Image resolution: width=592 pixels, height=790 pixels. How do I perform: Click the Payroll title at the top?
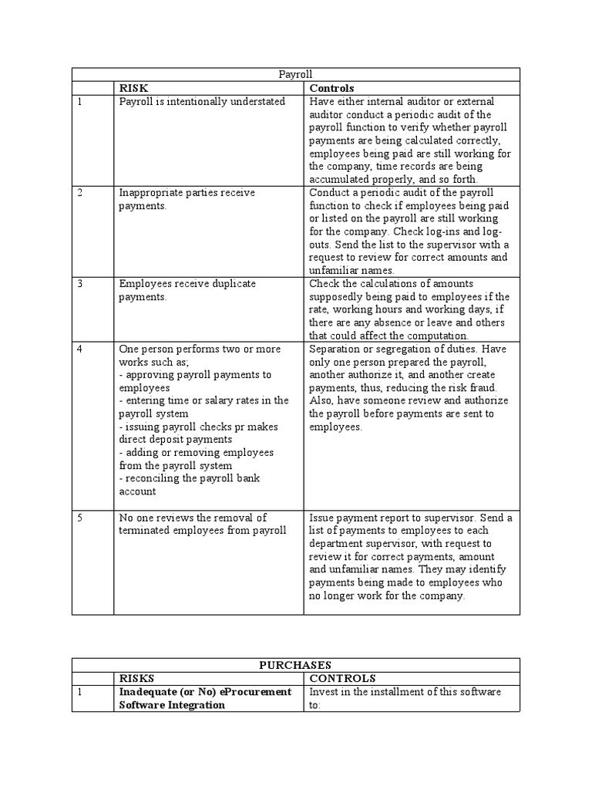pyautogui.click(x=295, y=74)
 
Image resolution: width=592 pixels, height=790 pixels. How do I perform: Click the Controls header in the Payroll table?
pyautogui.click(x=331, y=88)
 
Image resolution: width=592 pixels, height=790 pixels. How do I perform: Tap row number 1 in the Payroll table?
pyautogui.click(x=79, y=102)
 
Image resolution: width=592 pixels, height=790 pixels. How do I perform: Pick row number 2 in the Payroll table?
pyautogui.click(x=80, y=193)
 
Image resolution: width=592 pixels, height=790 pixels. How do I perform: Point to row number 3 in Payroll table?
pyautogui.click(x=80, y=284)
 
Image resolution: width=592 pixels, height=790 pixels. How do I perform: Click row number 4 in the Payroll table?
pyautogui.click(x=80, y=349)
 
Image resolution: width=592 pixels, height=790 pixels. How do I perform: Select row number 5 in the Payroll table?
pyautogui.click(x=80, y=518)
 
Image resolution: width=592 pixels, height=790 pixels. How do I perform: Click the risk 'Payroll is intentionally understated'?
pyautogui.click(x=201, y=102)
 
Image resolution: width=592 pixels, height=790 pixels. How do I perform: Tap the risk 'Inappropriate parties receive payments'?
pyautogui.click(x=186, y=199)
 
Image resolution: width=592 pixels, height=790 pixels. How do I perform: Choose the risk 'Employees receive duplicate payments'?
pyautogui.click(x=187, y=290)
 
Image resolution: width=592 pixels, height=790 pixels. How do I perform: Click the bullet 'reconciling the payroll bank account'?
pyautogui.click(x=189, y=484)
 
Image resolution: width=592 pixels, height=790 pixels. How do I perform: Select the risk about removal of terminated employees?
pyautogui.click(x=202, y=524)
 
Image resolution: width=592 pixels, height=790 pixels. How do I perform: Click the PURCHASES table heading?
pyautogui.click(x=295, y=664)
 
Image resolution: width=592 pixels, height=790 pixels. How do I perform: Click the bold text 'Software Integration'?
pyautogui.click(x=171, y=705)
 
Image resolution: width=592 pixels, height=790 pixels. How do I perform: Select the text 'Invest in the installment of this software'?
pyautogui.click(x=405, y=692)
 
